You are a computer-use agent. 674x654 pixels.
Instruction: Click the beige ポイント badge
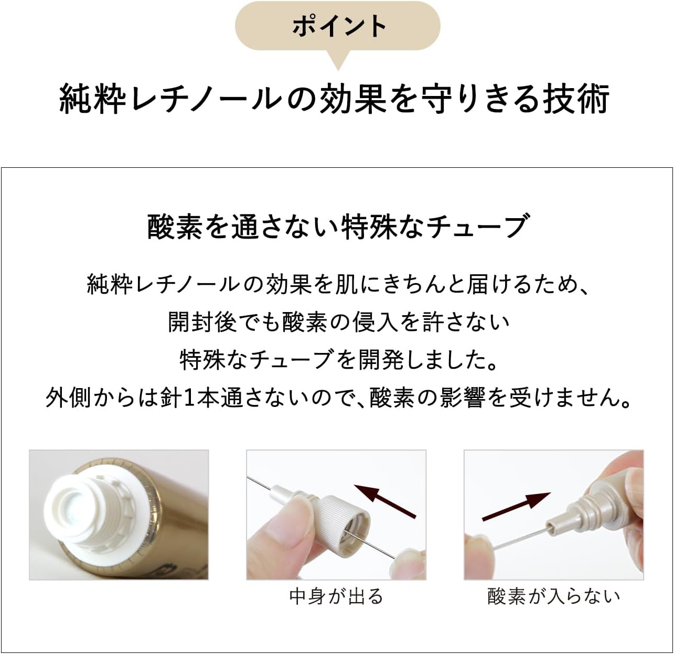pos(337,26)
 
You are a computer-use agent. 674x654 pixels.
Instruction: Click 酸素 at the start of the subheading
pos(175,227)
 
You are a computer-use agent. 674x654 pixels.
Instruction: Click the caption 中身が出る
pos(336,596)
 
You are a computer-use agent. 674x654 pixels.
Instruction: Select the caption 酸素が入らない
pos(553,596)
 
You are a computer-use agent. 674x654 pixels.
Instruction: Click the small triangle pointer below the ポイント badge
pos(338,59)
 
